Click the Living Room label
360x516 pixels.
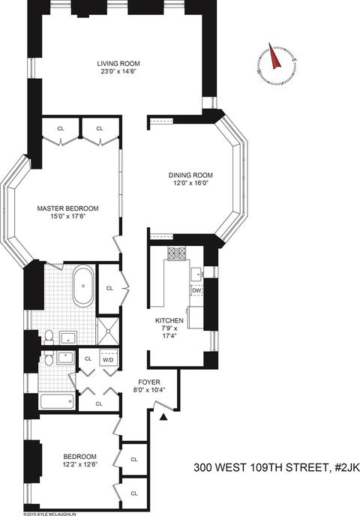click(118, 64)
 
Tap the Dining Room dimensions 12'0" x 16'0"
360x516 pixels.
click(190, 183)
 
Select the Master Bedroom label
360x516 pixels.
click(67, 208)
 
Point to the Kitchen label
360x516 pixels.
click(169, 320)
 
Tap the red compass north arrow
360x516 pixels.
click(274, 56)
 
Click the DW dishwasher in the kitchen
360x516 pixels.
click(196, 290)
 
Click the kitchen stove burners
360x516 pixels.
click(177, 253)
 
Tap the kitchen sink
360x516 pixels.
click(196, 273)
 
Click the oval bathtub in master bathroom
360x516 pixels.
click(83, 286)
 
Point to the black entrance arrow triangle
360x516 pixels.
click(163, 418)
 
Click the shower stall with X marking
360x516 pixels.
click(108, 331)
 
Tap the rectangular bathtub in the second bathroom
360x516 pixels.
click(57, 400)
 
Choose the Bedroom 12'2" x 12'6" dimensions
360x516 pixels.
click(80, 464)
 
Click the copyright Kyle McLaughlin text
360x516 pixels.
click(50, 514)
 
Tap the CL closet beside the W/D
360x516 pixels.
click(88, 359)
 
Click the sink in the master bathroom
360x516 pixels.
click(68, 338)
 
